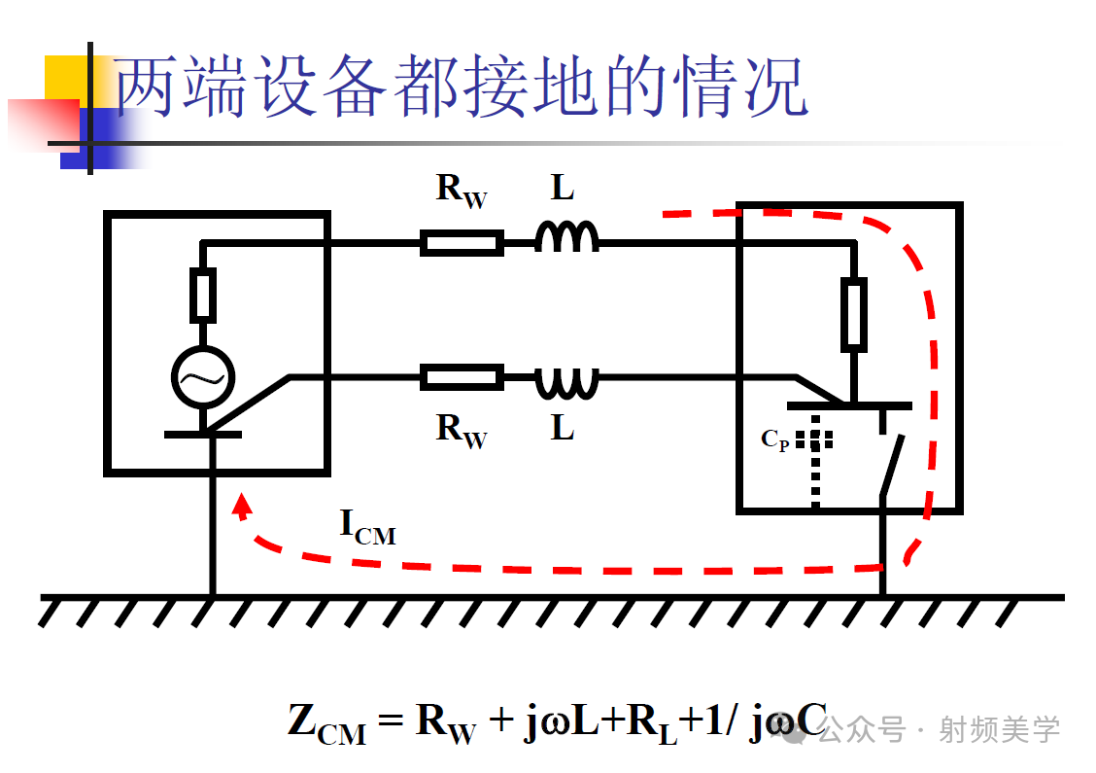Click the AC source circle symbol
click(x=202, y=377)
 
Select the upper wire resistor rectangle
click(x=462, y=242)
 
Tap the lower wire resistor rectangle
click(x=462, y=376)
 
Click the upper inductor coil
click(x=566, y=237)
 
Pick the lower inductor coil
click(x=566, y=382)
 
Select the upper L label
click(x=563, y=188)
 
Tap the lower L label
click(x=563, y=427)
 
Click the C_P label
click(x=775, y=440)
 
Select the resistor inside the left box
click(x=202, y=296)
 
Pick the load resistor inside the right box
click(x=853, y=313)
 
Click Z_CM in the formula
click(x=326, y=723)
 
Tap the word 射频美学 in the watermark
click(x=998, y=729)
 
